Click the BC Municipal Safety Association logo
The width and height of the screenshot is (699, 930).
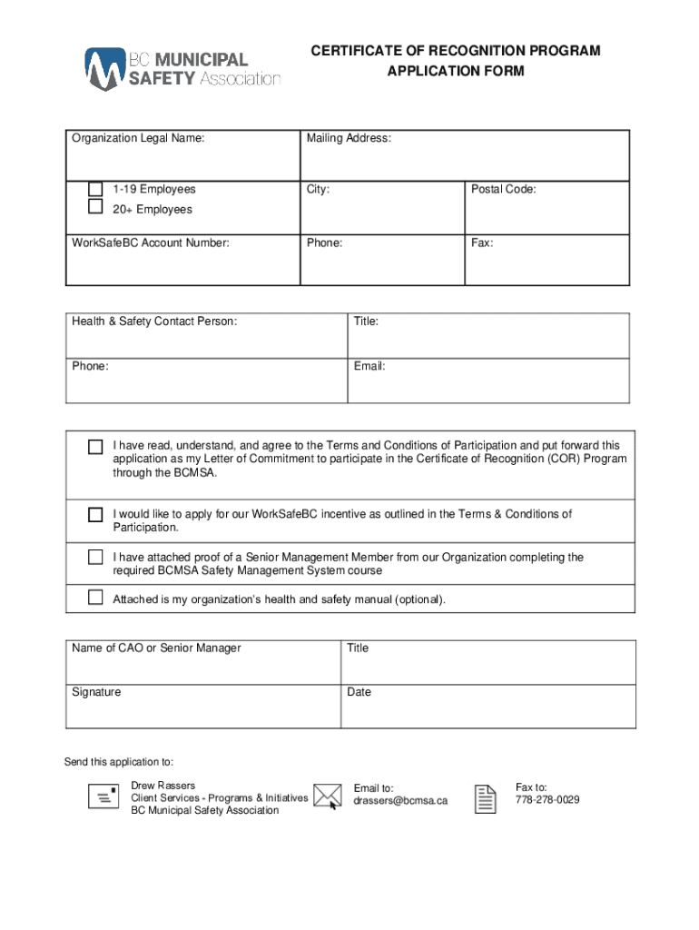click(182, 68)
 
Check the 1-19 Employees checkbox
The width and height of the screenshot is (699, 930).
click(95, 189)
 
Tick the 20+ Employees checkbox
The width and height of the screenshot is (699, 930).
click(95, 207)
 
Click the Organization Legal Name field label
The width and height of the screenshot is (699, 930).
click(138, 139)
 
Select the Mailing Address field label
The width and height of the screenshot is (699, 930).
click(349, 139)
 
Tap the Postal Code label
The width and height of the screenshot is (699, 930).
click(503, 190)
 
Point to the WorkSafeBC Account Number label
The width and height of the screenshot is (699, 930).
click(151, 243)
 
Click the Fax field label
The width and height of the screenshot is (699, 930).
click(481, 243)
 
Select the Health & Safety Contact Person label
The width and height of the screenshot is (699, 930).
click(154, 322)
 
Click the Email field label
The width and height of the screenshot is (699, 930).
click(369, 366)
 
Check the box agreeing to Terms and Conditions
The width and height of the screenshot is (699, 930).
click(95, 447)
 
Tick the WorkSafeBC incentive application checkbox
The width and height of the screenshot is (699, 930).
click(95, 515)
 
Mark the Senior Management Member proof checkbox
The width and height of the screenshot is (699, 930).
click(95, 557)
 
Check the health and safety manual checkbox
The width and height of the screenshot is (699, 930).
click(95, 598)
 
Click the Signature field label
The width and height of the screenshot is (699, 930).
click(96, 692)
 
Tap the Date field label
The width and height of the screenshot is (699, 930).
click(359, 692)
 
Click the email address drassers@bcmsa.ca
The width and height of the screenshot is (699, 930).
click(400, 801)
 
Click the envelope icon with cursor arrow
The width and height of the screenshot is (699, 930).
click(327, 796)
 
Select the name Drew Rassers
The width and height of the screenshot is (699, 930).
click(162, 785)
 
